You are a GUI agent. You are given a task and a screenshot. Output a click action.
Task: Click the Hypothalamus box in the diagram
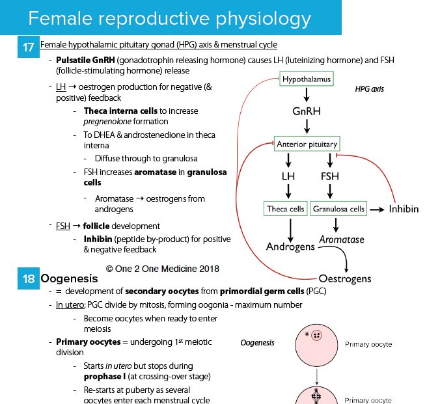[307, 79]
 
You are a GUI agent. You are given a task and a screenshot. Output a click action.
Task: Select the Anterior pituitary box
[307, 144]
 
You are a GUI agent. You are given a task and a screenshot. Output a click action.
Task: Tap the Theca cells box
[286, 209]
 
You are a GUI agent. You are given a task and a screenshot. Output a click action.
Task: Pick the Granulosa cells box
[338, 209]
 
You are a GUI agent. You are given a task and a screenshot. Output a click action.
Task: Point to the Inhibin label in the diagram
[404, 209]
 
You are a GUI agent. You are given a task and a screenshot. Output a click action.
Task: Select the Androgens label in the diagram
[290, 247]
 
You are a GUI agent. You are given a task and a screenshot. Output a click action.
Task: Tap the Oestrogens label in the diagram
[344, 279]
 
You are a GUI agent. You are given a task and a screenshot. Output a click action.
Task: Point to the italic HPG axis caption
[369, 89]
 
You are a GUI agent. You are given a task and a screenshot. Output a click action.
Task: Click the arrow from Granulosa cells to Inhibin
[376, 209]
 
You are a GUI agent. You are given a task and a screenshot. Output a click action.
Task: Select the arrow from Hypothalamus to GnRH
[307, 95]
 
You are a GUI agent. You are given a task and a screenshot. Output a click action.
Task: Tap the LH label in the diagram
[288, 176]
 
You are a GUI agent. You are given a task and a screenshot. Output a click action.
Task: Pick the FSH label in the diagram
[330, 176]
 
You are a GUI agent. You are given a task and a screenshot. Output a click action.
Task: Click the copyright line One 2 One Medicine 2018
[163, 267]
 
